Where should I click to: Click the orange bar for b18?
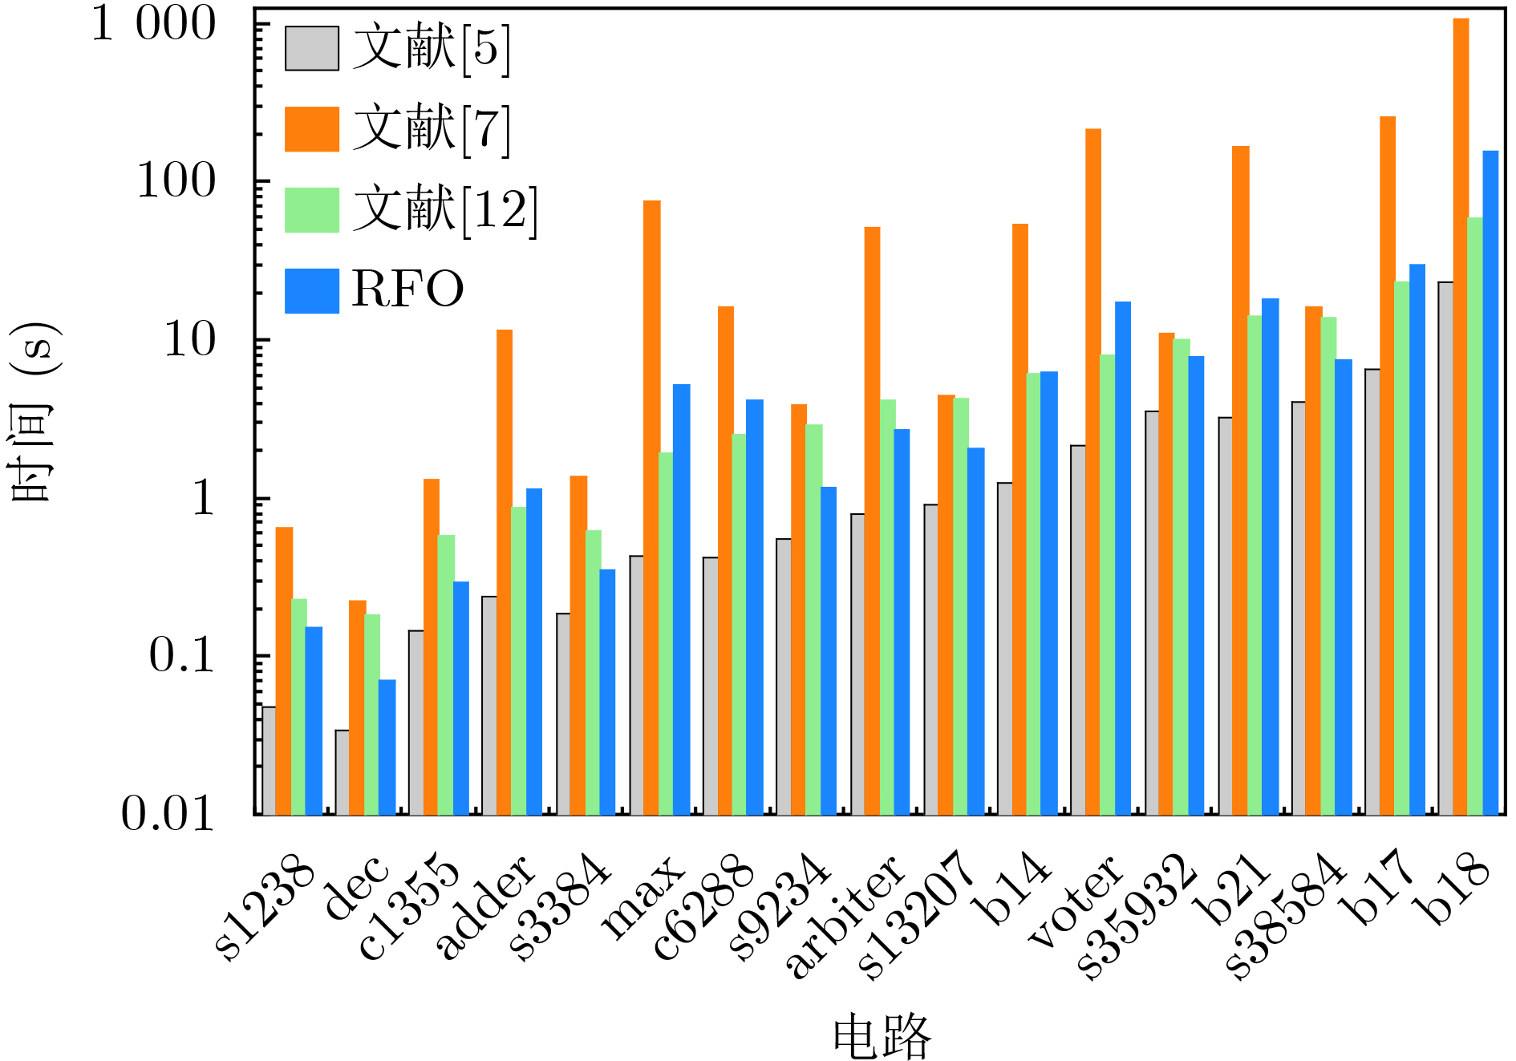pos(1461,417)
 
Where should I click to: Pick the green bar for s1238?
pos(299,707)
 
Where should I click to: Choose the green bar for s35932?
pos(1182,577)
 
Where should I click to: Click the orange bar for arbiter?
pos(872,521)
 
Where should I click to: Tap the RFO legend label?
pos(407,290)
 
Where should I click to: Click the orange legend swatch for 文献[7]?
pos(312,129)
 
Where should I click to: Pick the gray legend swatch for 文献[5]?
pos(312,49)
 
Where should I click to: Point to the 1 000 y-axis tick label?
pos(153,23)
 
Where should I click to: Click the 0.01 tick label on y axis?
pos(168,814)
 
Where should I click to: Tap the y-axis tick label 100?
pos(176,181)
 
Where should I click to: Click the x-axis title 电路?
pos(882,1036)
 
